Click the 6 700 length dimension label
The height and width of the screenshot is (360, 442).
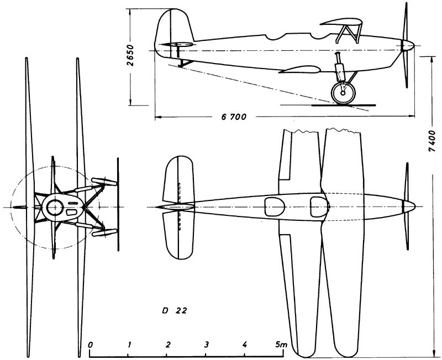click(234, 117)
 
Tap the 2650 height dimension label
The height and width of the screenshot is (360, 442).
click(130, 55)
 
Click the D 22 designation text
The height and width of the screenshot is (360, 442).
click(174, 311)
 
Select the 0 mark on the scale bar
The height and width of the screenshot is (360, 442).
click(90, 345)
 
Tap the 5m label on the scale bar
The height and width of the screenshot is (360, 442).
click(281, 344)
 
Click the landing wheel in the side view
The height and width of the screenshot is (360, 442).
click(343, 92)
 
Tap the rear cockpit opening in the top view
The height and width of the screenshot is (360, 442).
click(274, 207)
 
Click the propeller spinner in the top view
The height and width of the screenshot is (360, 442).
click(409, 207)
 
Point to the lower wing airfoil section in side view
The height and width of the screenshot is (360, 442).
click(299, 70)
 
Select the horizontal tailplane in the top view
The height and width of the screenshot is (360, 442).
click(178, 207)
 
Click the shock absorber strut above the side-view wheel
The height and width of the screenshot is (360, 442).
click(339, 67)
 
